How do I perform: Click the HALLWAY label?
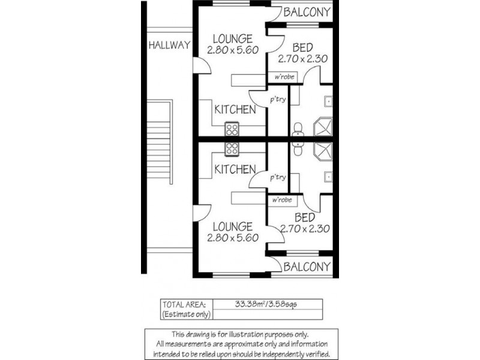pyautogui.click(x=170, y=45)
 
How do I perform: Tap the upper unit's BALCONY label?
pyautogui.click(x=307, y=12)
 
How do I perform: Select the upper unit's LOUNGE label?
pyautogui.click(x=232, y=39)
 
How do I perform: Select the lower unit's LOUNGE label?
pyautogui.click(x=232, y=226)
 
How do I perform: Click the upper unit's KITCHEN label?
pyautogui.click(x=235, y=110)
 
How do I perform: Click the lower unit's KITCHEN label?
pyautogui.click(x=235, y=169)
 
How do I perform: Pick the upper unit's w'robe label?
pyautogui.click(x=283, y=77)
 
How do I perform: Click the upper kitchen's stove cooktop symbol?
pyautogui.click(x=232, y=129)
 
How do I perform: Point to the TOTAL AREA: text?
pyautogui.click(x=184, y=304)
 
